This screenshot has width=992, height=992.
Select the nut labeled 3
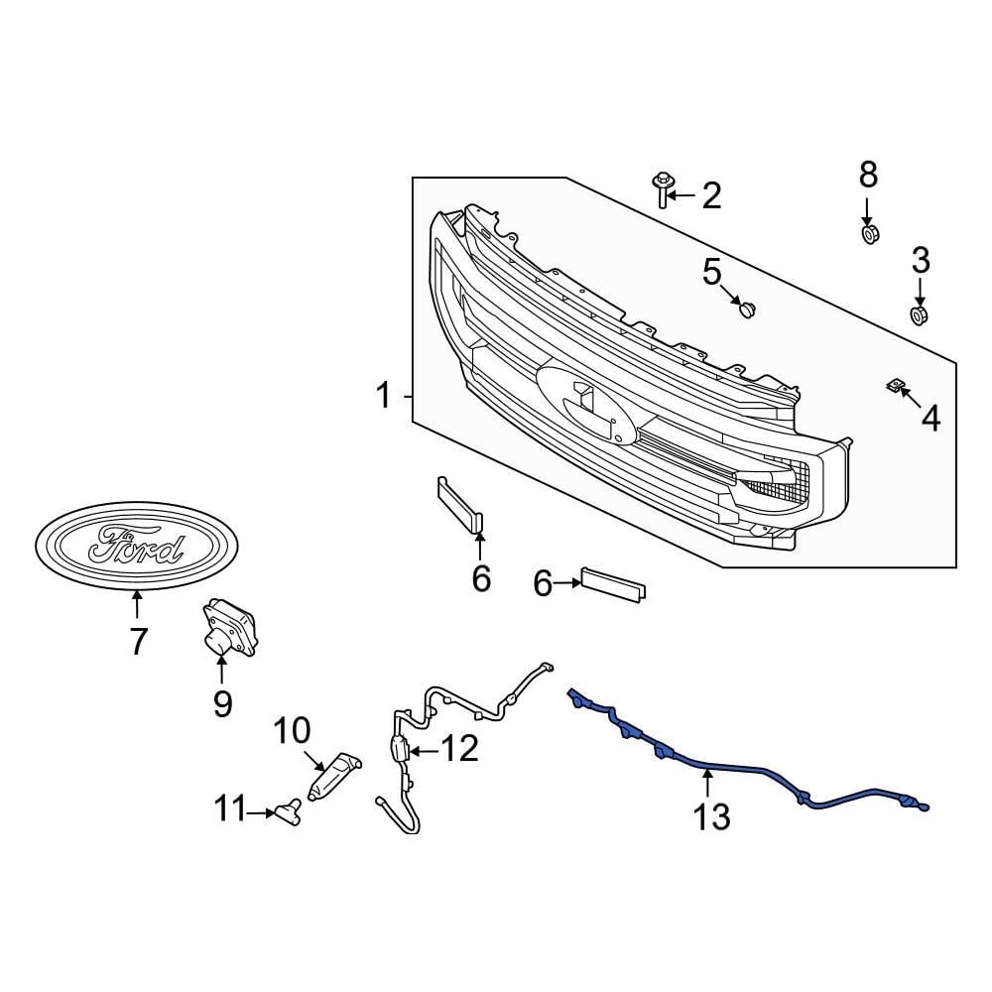coord(920,315)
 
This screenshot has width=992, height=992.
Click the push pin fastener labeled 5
coord(747,310)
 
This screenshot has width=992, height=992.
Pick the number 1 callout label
coord(384,397)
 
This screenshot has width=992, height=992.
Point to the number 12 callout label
coord(459,749)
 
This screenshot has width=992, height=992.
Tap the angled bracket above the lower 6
coord(459,505)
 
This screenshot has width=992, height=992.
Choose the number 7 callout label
coord(138,642)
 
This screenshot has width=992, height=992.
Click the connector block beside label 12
coord(400,750)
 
